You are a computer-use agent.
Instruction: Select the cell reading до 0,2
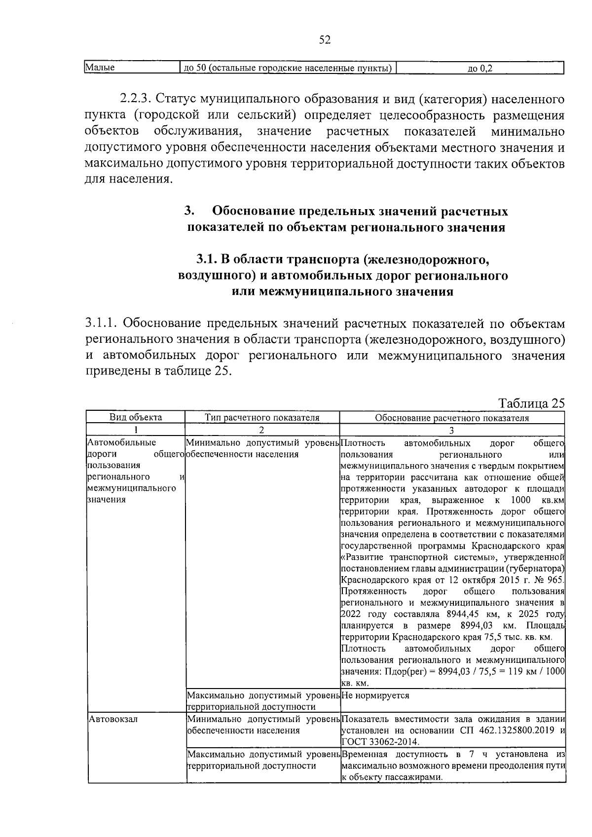coord(480,69)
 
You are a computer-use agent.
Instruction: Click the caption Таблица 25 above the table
coord(531,403)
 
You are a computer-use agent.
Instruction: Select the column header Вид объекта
coord(136,418)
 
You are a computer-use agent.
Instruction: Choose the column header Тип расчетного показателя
coord(262,418)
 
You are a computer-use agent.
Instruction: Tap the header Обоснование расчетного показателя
coord(451,418)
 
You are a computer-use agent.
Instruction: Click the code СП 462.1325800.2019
coord(511,730)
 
